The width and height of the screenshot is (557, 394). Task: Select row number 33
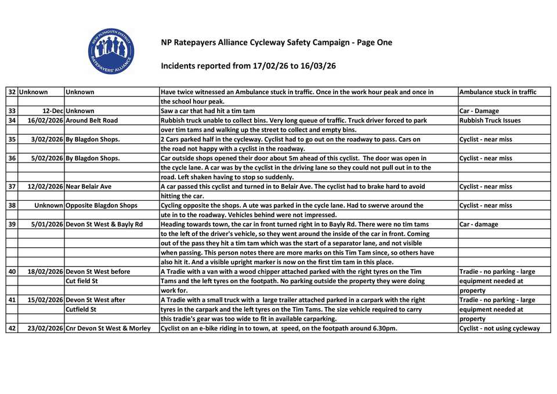pyautogui.click(x=12, y=111)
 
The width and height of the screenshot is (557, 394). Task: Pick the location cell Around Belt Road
pyautogui.click(x=92, y=120)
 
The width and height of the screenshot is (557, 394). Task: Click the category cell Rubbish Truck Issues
pyautogui.click(x=490, y=120)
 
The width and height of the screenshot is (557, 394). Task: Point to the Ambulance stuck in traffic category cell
pyautogui.click(x=497, y=92)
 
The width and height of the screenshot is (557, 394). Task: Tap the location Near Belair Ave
pyautogui.click(x=89, y=186)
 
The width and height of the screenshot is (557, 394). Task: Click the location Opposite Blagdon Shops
pyautogui.click(x=102, y=205)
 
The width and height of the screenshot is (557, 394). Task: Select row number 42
pyautogui.click(x=12, y=328)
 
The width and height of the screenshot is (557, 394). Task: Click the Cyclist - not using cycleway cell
pyautogui.click(x=499, y=328)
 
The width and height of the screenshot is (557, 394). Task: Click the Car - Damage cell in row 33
pyautogui.click(x=479, y=111)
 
